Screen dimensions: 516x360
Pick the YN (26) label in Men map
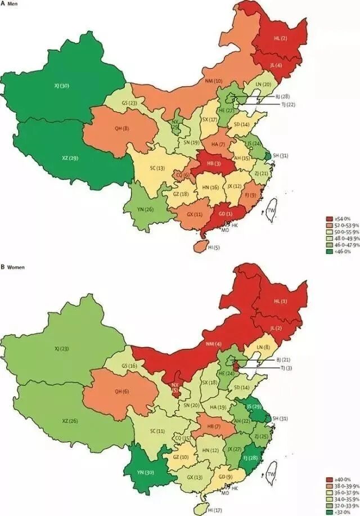tap(145, 209)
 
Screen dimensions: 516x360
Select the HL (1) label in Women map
tap(280, 301)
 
